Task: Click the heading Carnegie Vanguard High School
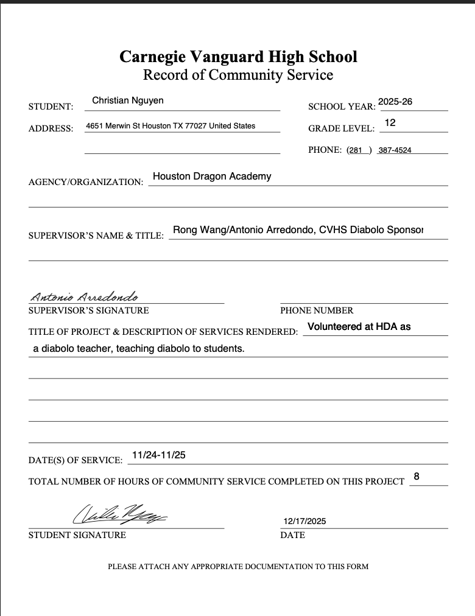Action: pyautogui.click(x=238, y=57)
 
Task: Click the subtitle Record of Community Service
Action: pyautogui.click(x=238, y=75)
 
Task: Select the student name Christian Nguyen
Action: pyautogui.click(x=128, y=100)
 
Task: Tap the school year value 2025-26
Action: pyautogui.click(x=395, y=102)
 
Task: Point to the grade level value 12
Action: pyautogui.click(x=390, y=123)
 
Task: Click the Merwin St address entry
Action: pyautogui.click(x=171, y=126)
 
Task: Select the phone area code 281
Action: pyautogui.click(x=355, y=150)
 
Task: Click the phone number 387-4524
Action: pyautogui.click(x=395, y=150)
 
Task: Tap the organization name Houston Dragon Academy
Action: pyautogui.click(x=212, y=177)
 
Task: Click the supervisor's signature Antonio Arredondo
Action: pyautogui.click(x=85, y=297)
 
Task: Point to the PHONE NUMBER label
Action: pyautogui.click(x=317, y=310)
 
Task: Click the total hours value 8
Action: pyautogui.click(x=417, y=477)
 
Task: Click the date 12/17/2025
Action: pyautogui.click(x=305, y=521)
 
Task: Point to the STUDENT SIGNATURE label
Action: pyautogui.click(x=77, y=535)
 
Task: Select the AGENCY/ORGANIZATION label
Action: pyautogui.click(x=86, y=182)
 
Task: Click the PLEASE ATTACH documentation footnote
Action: pyautogui.click(x=238, y=567)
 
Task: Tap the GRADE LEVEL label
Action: pyautogui.click(x=342, y=129)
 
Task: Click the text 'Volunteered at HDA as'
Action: pyautogui.click(x=359, y=327)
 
